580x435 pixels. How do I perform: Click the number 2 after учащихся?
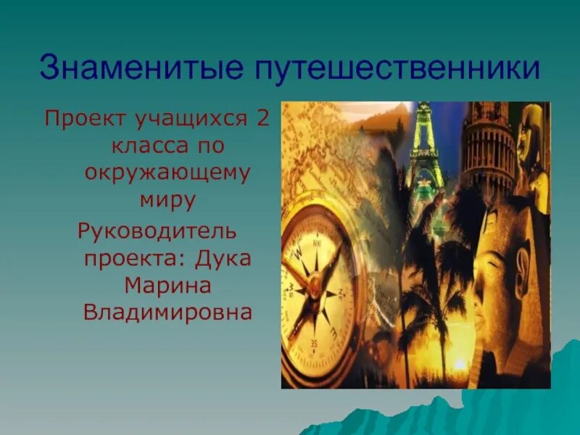coord(262,117)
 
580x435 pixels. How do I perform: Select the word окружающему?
coord(167,173)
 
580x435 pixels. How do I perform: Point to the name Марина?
coord(167,285)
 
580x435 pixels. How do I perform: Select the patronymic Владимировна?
coord(167,312)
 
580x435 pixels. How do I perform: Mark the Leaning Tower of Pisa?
coord(487,145)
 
